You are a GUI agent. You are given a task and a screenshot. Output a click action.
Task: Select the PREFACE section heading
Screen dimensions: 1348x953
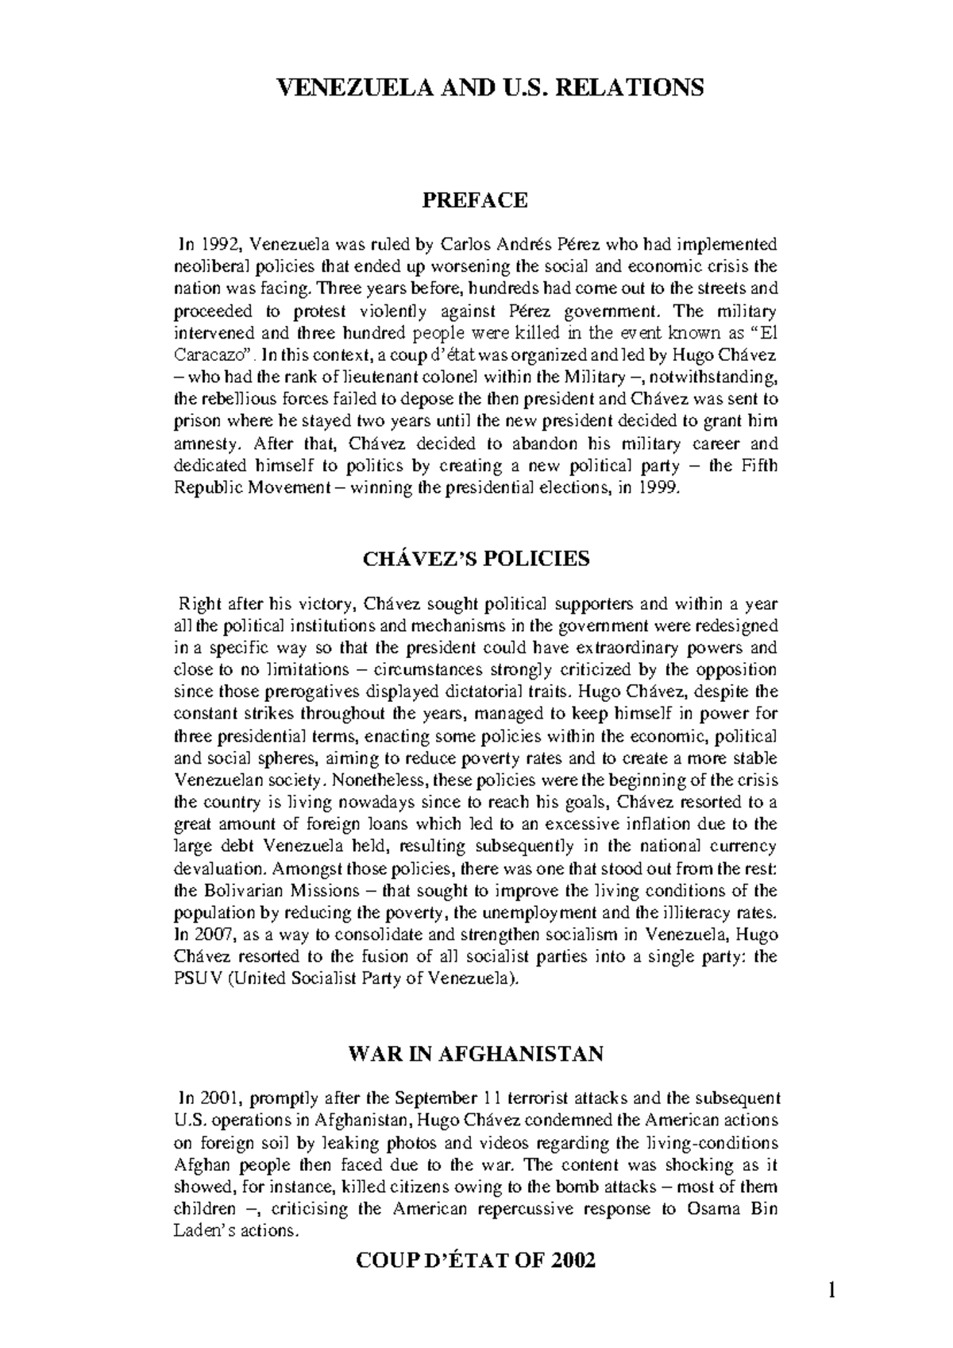[x=475, y=200]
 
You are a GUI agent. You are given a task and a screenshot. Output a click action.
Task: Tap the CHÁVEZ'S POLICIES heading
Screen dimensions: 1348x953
[x=476, y=559]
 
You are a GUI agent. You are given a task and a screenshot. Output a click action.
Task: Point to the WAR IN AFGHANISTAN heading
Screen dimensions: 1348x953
[x=476, y=1055]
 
